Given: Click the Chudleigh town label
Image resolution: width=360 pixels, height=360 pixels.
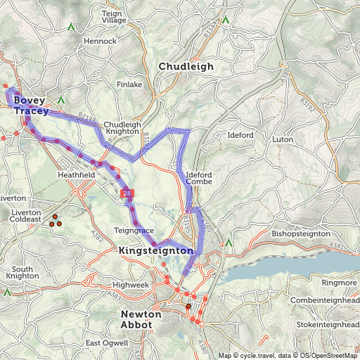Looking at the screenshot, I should coord(186,67).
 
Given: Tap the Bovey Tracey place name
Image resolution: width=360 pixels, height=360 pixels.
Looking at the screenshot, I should coord(31,106).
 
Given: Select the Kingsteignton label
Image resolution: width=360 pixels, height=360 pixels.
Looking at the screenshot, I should coord(156,250).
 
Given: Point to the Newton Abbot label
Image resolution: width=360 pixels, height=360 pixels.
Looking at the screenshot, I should coord(141,319).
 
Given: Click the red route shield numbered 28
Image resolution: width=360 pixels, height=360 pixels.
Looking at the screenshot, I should coord(126,192).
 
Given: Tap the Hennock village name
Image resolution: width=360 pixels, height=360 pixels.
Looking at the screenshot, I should coord(101,41).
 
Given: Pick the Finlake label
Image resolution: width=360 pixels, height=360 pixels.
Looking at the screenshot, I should coord(129,84).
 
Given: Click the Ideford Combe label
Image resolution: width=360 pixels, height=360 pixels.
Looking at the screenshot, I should coord(199,178).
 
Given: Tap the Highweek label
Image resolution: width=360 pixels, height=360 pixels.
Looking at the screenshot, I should coord(131,285).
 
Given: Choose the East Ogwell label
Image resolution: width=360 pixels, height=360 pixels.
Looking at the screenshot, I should coord(107,342).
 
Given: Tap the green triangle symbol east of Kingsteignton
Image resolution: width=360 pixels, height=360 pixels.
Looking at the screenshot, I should coord(229,243).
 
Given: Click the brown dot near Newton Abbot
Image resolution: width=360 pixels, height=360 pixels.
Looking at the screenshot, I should coord(188,306).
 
